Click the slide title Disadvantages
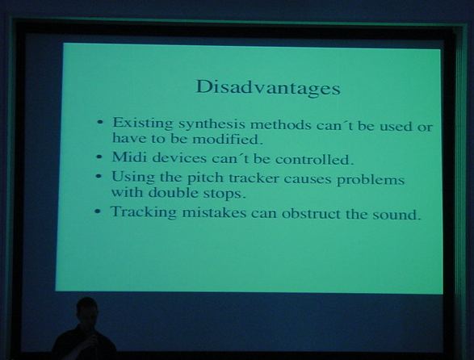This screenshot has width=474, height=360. coord(268,88)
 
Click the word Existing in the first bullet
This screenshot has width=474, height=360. coord(143,123)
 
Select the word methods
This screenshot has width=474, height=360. coord(281,124)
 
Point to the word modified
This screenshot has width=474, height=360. coord(227,140)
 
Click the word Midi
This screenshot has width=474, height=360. coord(130,157)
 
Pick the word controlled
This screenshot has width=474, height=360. coord(314,159)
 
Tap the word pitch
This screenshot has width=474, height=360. coord(205,178)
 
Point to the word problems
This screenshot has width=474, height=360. coord(371,180)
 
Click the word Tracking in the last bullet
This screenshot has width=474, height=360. coord(144,211)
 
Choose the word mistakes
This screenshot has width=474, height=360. coord(214,213)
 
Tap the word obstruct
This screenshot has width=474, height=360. coord(312,213)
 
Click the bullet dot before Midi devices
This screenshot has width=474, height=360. coord(99,157)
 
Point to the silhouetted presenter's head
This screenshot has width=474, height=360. coord(87,310)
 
